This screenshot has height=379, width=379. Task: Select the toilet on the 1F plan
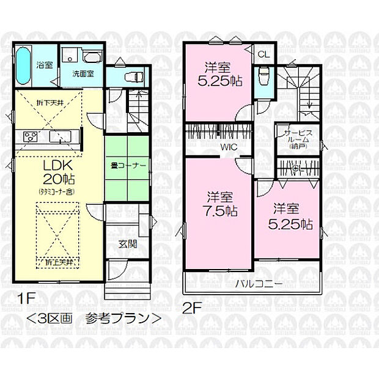coord(133,77)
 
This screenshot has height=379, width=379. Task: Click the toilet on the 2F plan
coord(264,77)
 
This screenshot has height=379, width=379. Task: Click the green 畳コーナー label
coord(128,165)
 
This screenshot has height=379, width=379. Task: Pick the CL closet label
coord(263,54)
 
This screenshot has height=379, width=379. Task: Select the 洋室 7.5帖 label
coord(221,204)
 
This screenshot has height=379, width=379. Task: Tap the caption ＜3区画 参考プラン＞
coord(94,318)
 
